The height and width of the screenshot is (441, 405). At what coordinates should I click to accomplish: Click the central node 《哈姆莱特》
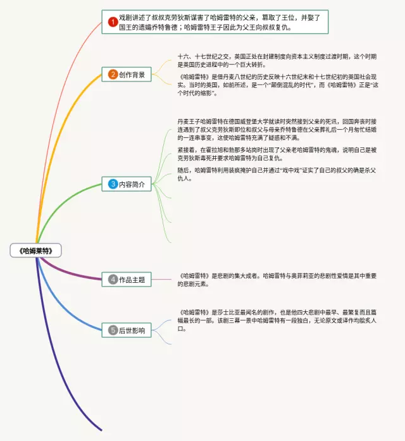click(36, 251)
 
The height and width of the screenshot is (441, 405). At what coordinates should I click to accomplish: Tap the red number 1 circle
click(113, 23)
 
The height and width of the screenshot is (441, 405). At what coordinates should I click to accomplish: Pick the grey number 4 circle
click(113, 279)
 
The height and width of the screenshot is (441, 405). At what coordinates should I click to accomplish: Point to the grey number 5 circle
click(113, 330)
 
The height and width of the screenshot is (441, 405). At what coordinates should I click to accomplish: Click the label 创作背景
click(132, 75)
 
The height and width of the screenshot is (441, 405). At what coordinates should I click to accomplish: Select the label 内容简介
click(132, 185)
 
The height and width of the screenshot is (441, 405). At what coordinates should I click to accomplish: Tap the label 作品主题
click(132, 279)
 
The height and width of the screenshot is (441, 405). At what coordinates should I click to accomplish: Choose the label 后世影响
click(132, 330)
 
